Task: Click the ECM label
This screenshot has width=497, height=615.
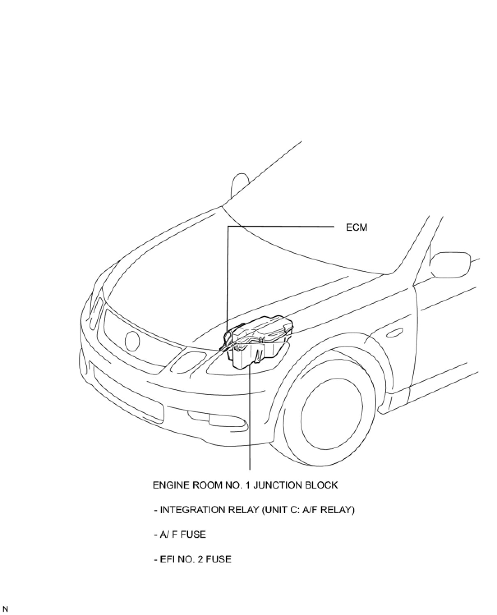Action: click(x=357, y=227)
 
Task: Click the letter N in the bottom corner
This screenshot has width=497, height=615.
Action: click(x=5, y=609)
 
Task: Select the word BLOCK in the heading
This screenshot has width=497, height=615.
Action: click(x=321, y=485)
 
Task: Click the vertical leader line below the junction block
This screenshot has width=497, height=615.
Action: click(x=250, y=419)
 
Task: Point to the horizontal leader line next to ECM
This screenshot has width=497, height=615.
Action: click(x=283, y=226)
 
